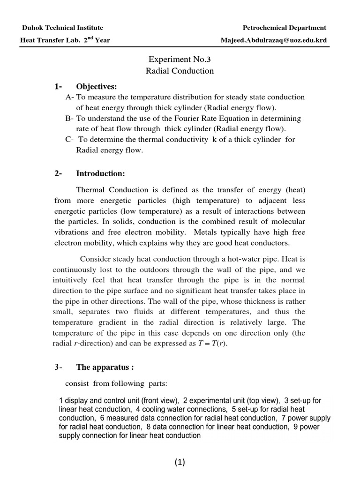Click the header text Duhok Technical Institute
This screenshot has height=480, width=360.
pos(61,28)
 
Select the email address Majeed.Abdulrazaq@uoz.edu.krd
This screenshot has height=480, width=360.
pos(273,40)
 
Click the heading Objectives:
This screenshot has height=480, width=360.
pos(97,87)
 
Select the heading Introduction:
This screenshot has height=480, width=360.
pos(100,174)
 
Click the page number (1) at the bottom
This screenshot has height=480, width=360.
pos(180,463)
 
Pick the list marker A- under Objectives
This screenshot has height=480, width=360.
pos(70,97)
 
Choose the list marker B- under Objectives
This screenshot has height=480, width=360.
pos(70,119)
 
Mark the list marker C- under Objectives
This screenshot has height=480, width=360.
pos(70,140)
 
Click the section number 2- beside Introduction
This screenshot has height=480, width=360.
pos(58,174)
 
